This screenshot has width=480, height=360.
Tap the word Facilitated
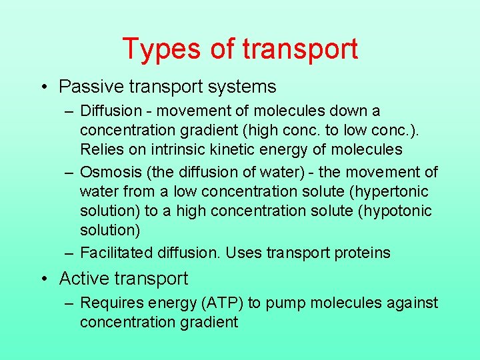tap(117, 253)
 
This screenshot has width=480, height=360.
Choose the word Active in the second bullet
tap(83, 279)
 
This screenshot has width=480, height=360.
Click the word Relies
tap(100, 149)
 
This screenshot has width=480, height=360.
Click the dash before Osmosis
tap(69, 172)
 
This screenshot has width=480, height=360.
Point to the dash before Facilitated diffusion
tap(69, 253)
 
